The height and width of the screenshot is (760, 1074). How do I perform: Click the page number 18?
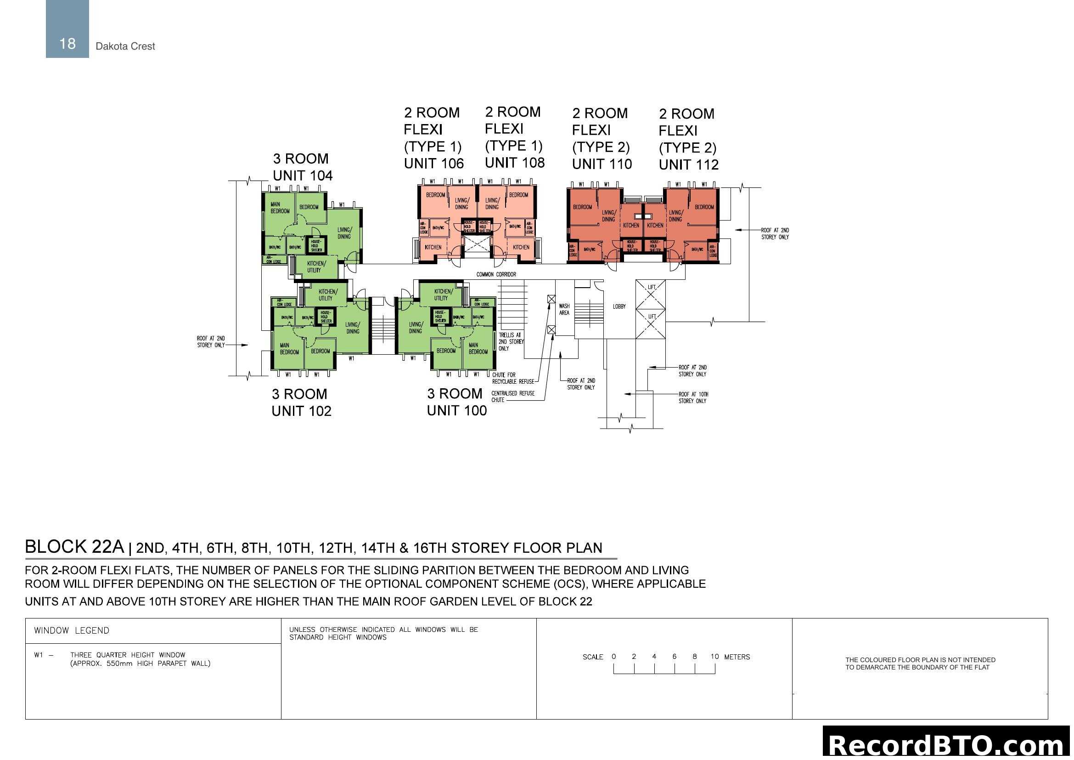pyautogui.click(x=67, y=44)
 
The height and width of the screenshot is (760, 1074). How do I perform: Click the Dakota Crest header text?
pyautogui.click(x=125, y=46)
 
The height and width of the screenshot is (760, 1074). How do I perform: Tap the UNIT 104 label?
pyautogui.click(x=303, y=176)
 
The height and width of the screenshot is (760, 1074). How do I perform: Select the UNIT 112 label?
pyautogui.click(x=689, y=165)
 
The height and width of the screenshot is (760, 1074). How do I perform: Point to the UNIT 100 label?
pyautogui.click(x=456, y=410)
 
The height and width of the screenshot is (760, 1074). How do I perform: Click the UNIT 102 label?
pyautogui.click(x=301, y=411)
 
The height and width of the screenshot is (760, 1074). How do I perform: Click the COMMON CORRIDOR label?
pyautogui.click(x=496, y=274)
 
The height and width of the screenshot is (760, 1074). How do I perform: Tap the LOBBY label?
pyautogui.click(x=619, y=306)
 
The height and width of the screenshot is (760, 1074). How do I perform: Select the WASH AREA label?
pyautogui.click(x=564, y=309)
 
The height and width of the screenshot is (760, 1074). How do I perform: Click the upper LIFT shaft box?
pyautogui.click(x=651, y=295)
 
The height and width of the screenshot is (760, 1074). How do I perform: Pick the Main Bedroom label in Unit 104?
pyautogui.click(x=280, y=208)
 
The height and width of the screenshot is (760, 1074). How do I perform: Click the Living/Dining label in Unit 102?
pyautogui.click(x=353, y=328)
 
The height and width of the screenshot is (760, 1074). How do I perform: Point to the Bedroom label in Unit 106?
pyautogui.click(x=435, y=195)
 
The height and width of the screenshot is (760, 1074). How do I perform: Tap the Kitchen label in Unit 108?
pyautogui.click(x=521, y=247)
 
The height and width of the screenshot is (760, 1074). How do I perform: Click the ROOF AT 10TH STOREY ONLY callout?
pyautogui.click(x=692, y=398)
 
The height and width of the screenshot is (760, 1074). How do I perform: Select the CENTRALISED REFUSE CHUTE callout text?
pyautogui.click(x=512, y=397)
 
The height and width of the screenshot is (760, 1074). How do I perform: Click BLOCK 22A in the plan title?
pyautogui.click(x=74, y=547)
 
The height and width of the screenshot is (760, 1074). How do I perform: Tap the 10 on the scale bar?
pyautogui.click(x=714, y=657)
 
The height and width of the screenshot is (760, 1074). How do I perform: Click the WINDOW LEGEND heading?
pyautogui.click(x=72, y=631)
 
